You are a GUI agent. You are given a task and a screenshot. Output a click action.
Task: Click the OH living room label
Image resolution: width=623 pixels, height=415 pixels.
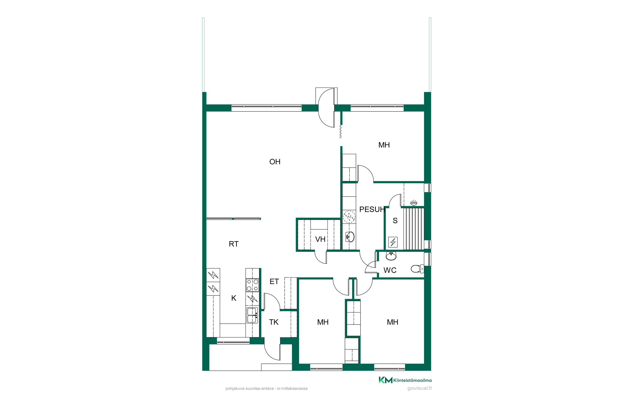[275, 162]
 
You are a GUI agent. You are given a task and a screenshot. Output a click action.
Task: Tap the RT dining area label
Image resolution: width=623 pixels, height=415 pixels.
[234, 244]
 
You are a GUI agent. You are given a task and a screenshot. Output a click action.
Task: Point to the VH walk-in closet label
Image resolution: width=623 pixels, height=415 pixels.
[320, 239]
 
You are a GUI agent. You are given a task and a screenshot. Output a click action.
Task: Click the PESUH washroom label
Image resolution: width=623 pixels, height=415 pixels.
[372, 209]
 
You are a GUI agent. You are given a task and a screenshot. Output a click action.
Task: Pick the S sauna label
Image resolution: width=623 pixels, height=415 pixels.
[395, 220]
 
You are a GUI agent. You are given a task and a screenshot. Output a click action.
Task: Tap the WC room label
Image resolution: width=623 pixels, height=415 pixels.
[390, 270]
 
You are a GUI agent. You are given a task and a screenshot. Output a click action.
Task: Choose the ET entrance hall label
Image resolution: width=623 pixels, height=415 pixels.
[274, 282]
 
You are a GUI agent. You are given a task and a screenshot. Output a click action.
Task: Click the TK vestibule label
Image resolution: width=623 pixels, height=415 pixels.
[274, 322]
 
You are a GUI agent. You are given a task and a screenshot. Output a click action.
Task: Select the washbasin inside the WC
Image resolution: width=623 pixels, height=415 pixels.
[391, 256]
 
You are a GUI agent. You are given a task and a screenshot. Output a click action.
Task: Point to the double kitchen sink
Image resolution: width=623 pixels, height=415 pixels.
[252, 315]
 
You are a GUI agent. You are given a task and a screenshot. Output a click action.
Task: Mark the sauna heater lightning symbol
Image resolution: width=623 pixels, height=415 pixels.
[393, 242]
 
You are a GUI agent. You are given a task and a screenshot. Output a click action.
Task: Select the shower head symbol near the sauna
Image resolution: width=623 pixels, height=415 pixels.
[413, 203]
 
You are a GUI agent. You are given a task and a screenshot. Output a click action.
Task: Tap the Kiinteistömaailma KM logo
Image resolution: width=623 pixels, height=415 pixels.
[405, 380]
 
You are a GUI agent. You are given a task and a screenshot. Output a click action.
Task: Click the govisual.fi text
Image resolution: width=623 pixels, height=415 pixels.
[419, 388]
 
